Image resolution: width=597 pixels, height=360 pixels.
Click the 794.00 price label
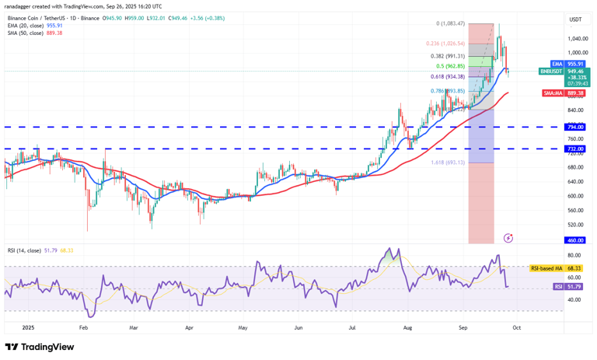575,127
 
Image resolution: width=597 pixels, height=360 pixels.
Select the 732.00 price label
575,149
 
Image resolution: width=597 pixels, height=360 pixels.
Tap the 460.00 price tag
575,240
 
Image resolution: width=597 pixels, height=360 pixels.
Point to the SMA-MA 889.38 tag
566,93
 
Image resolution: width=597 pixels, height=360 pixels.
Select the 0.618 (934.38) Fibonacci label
447,76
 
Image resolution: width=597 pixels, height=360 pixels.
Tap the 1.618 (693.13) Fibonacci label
447,163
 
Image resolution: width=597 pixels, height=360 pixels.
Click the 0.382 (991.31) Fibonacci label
447,56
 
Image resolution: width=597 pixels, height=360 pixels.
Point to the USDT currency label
575,19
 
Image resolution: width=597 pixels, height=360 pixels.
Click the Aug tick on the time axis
407,328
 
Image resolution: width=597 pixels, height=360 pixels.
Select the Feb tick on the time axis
83,328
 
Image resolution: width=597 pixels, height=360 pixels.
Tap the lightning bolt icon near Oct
508,237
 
